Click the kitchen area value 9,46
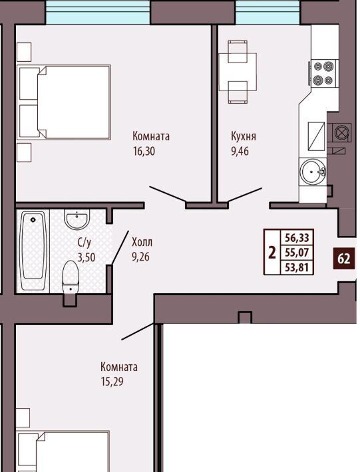pos(240,151)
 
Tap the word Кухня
pos(244,136)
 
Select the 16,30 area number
pos(144,151)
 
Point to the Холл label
pos(142,242)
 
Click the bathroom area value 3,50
pos(87,257)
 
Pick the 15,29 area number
pos(112,382)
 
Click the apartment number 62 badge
pos(344,259)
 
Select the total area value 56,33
pos(297,238)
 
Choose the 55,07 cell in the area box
pos(297,252)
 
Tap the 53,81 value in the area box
pos(297,267)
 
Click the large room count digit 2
pos(272,252)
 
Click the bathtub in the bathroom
pos(33,251)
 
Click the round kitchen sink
pos(313,172)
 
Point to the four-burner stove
pos(323,73)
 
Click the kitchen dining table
pos(238,72)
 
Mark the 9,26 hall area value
pos(140,257)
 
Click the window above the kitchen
pos(268,12)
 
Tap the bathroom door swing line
pos(120,248)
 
